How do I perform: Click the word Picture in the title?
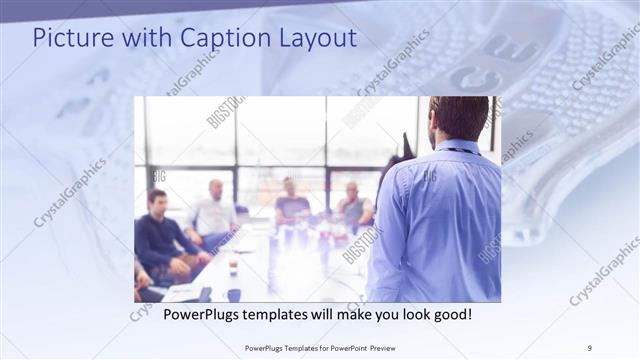69,38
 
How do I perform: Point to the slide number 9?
590,347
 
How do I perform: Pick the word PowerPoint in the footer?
337,347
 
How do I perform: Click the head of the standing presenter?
459,118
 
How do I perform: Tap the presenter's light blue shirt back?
440,220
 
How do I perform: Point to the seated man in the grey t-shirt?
291,205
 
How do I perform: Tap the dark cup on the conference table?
233,294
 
